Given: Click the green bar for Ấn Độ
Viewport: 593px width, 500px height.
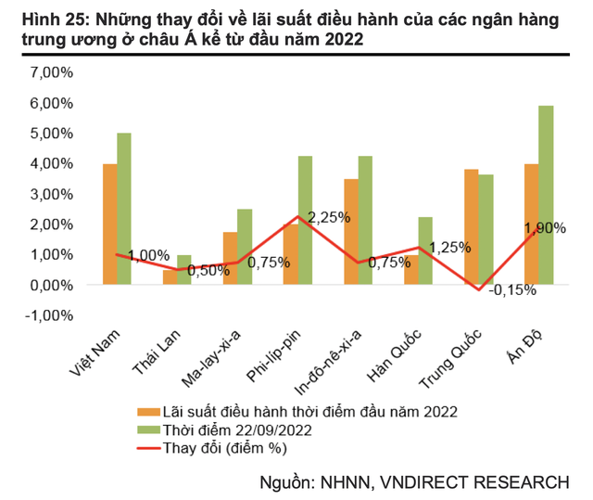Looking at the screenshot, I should coord(546,195).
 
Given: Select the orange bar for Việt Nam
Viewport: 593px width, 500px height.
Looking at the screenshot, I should coord(110,224).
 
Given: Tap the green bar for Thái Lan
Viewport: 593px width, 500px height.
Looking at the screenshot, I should coord(183,270).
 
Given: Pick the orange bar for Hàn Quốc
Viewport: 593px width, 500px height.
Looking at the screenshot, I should coord(410,269).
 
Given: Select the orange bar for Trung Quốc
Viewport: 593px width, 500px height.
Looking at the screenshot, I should coord(470,226).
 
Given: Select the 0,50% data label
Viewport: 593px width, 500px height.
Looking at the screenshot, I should coord(209,270).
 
